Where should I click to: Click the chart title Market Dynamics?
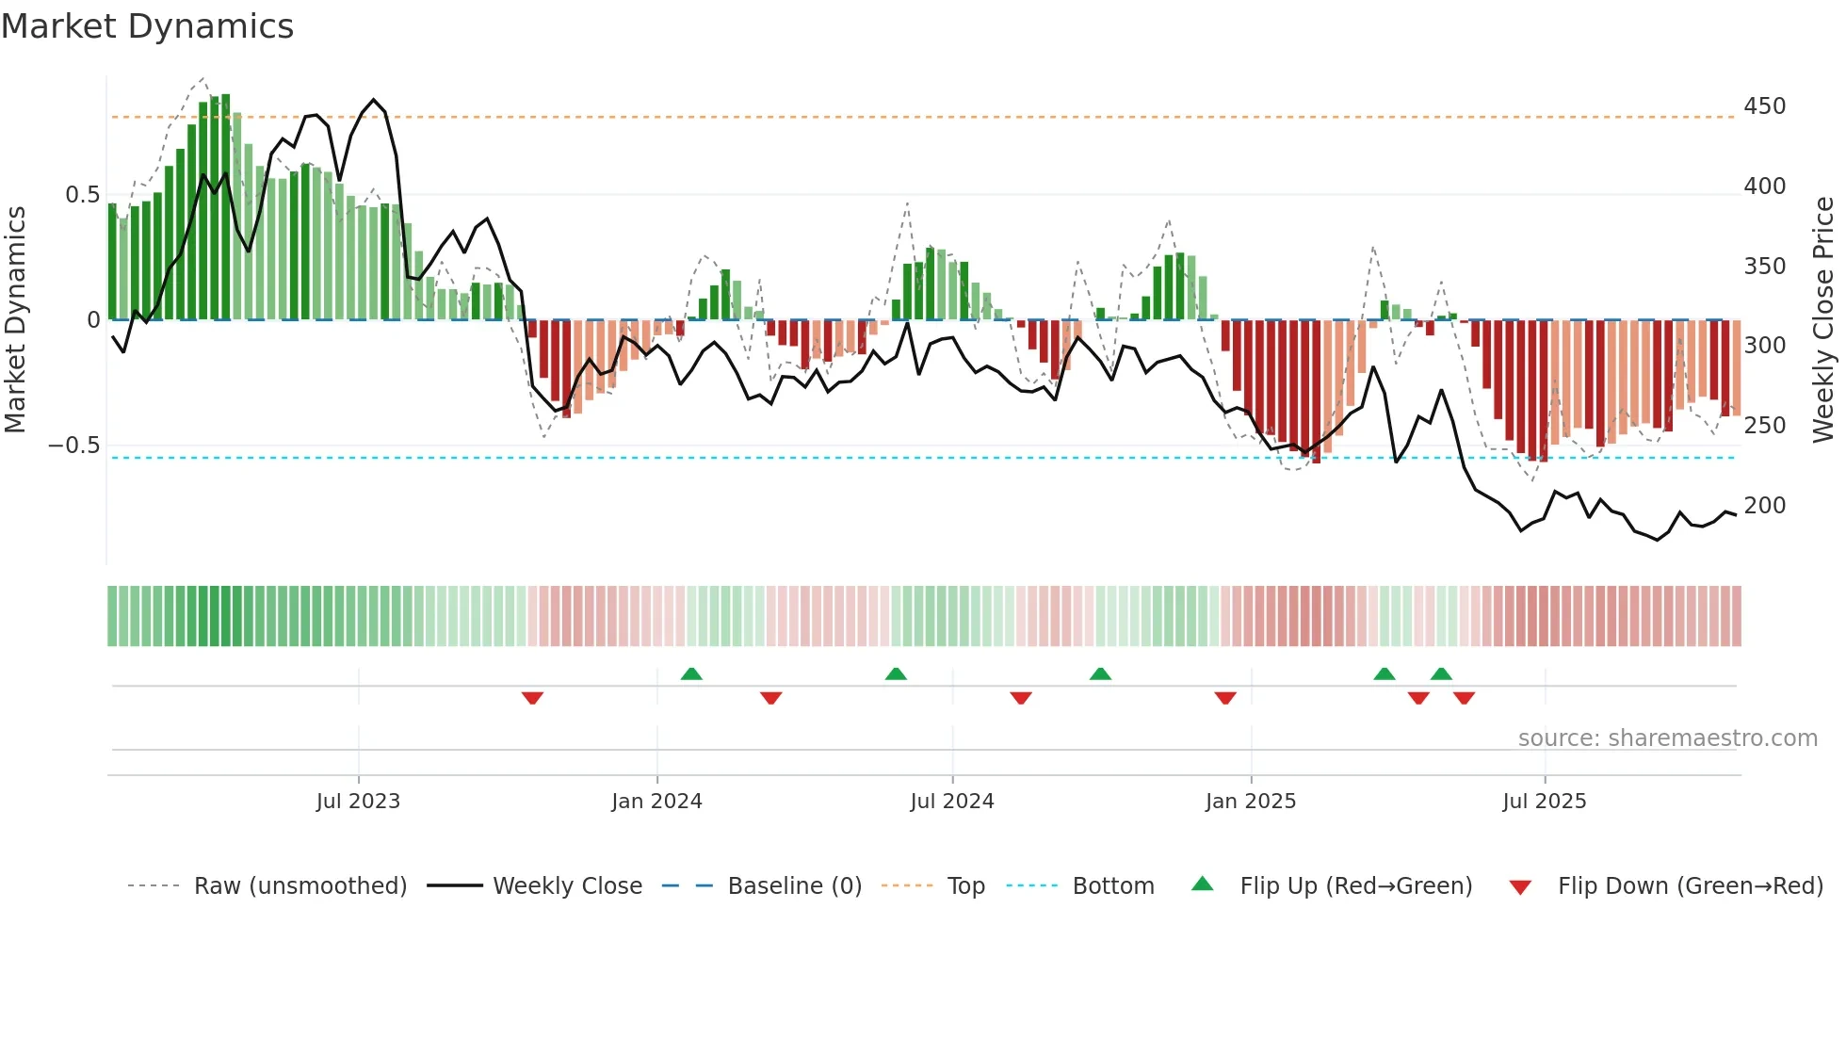click(x=148, y=26)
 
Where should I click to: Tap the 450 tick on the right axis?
click(x=1764, y=106)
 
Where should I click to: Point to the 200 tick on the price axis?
click(x=1764, y=506)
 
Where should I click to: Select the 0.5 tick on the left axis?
click(x=82, y=195)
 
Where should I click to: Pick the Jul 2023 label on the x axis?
click(x=358, y=802)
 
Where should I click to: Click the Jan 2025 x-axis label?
click(x=1250, y=802)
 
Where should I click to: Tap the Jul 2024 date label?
click(x=951, y=802)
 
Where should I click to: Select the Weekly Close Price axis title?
click(x=1823, y=320)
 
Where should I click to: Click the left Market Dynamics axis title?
click(x=15, y=320)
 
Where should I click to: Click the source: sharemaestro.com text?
click(x=1667, y=738)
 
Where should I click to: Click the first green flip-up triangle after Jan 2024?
click(x=691, y=673)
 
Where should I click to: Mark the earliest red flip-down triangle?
click(x=532, y=698)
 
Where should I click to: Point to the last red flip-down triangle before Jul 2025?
click(x=1464, y=698)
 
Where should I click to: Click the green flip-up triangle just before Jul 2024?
click(x=896, y=673)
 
